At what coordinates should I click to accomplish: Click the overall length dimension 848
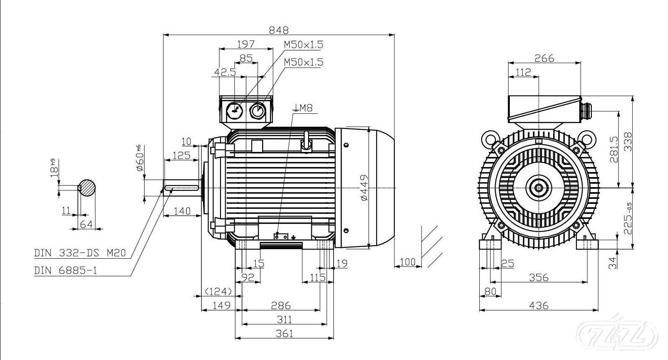click(x=279, y=30)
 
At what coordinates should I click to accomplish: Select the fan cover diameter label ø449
click(x=364, y=187)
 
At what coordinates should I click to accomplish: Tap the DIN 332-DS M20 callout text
click(x=80, y=253)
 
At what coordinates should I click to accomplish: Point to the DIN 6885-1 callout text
click(x=66, y=270)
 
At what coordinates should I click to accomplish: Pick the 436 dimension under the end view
click(x=539, y=306)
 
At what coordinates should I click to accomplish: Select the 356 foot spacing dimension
click(x=539, y=277)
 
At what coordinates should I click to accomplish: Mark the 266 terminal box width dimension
click(x=544, y=58)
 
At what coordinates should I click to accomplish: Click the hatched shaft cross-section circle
click(x=87, y=187)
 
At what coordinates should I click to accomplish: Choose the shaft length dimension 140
click(x=182, y=211)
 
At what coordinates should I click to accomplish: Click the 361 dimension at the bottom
click(x=285, y=333)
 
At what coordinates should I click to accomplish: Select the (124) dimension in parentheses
click(x=218, y=291)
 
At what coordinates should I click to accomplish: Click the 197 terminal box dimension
click(x=246, y=44)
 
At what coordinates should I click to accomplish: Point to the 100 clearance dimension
click(x=408, y=262)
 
